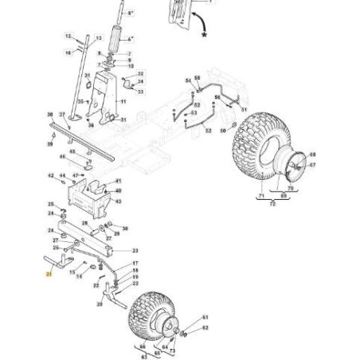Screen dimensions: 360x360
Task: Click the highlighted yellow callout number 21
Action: (x=49, y=274)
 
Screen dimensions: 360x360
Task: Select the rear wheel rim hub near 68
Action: (x=294, y=167)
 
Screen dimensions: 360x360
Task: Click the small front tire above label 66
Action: (x=147, y=314)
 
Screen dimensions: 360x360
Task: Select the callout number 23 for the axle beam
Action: (x=135, y=250)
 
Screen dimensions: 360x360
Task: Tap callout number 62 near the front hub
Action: (x=205, y=327)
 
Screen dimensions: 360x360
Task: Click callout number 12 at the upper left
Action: (x=68, y=36)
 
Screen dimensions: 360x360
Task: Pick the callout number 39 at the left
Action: (x=49, y=145)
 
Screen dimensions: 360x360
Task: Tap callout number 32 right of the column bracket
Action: (x=141, y=73)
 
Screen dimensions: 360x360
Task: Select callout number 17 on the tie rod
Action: (x=135, y=264)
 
